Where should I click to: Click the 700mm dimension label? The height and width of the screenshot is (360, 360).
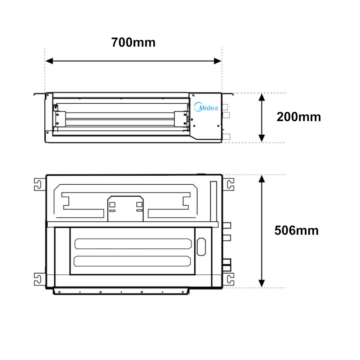[133, 42]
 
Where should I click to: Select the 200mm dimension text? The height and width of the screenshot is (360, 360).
[298, 117]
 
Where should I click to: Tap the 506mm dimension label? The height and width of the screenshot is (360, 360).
[296, 230]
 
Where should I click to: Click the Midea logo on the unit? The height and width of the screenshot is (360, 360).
[206, 107]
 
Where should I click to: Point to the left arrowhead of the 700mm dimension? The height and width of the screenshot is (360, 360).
[49, 61]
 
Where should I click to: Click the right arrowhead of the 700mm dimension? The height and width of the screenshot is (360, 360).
[217, 61]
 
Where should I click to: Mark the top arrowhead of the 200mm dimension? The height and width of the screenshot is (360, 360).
[262, 97]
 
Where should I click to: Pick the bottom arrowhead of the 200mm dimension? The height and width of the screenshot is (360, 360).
[262, 138]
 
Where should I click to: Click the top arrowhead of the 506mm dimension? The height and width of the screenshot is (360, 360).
[262, 179]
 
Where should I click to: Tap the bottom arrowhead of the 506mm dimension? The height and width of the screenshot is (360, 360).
[262, 283]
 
